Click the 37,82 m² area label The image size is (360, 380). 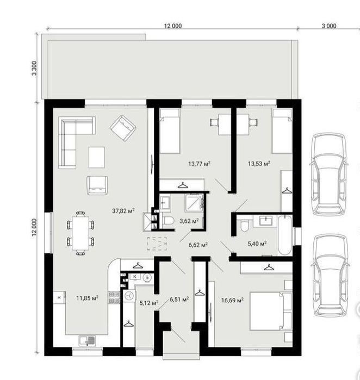[x=123, y=210]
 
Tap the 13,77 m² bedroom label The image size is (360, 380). [x=199, y=164]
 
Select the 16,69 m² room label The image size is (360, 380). [x=232, y=301]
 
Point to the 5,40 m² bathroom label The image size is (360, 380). [x=257, y=244]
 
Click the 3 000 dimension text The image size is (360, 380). [x=328, y=26]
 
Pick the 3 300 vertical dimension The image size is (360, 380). [x=34, y=68]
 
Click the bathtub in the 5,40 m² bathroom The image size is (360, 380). [x=284, y=235]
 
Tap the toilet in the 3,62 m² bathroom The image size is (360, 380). [x=168, y=221]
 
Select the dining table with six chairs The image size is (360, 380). [x=80, y=233]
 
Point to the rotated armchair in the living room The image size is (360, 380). [x=123, y=128]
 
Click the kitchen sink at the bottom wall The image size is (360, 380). [x=87, y=340]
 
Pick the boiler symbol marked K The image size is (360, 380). [x=135, y=277]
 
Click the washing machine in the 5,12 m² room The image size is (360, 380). [x=129, y=296]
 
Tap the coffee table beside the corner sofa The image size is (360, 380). [x=96, y=157]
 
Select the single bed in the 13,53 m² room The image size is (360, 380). [x=282, y=131]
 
